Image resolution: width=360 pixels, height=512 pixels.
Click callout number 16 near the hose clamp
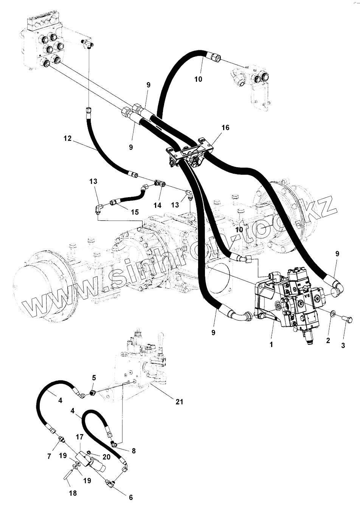(x=225, y=128)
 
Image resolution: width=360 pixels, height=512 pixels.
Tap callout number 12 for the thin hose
(x=68, y=139)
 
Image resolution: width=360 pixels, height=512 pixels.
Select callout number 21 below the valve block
(x=179, y=402)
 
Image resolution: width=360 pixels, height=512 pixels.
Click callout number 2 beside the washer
(x=328, y=340)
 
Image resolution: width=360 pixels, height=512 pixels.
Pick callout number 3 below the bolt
(x=343, y=345)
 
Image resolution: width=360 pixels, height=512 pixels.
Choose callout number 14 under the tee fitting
(x=157, y=205)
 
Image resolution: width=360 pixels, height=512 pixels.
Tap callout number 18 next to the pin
(x=73, y=493)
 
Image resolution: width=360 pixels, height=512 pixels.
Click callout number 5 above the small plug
(x=94, y=378)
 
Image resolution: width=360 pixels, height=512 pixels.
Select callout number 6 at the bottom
(x=131, y=497)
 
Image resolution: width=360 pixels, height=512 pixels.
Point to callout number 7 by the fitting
(x=49, y=456)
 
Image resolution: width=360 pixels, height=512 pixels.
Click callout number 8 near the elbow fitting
(x=133, y=451)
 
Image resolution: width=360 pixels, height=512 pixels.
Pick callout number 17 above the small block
(x=79, y=437)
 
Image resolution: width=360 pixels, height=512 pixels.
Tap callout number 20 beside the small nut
(x=107, y=457)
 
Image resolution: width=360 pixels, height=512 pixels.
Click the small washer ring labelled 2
(x=332, y=313)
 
